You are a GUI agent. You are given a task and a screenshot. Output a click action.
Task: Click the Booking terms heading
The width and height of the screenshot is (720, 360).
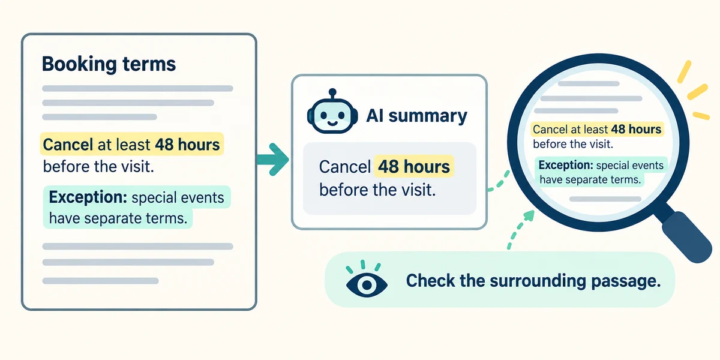[109, 64]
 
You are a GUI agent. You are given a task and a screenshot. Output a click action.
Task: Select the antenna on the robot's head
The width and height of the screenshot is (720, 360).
[332, 93]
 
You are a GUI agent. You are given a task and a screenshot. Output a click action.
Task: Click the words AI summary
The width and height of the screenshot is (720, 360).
[416, 116]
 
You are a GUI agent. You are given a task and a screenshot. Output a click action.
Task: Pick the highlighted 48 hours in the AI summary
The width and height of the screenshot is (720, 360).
[413, 167]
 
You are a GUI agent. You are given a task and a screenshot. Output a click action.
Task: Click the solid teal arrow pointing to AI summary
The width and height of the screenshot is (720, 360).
[273, 159]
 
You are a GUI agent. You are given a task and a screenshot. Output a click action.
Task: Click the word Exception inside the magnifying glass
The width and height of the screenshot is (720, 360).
[566, 165]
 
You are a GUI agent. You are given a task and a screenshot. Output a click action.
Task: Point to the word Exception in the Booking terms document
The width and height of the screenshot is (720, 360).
[88, 197]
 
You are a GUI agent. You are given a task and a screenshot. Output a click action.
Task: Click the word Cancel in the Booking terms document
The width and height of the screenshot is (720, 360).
[68, 145]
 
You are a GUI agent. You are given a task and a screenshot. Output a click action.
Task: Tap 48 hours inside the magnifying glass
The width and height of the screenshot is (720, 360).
[636, 129]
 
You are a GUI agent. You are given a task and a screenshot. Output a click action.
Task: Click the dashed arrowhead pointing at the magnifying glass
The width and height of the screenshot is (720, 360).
[529, 215]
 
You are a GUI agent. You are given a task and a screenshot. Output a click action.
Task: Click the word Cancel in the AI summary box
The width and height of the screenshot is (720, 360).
[345, 167]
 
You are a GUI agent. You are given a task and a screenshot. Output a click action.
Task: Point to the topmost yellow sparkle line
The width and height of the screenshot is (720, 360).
[684, 71]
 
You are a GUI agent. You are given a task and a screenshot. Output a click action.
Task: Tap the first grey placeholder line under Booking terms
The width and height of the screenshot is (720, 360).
[137, 88]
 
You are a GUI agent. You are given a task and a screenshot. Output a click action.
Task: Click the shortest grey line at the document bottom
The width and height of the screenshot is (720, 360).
[100, 281]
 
